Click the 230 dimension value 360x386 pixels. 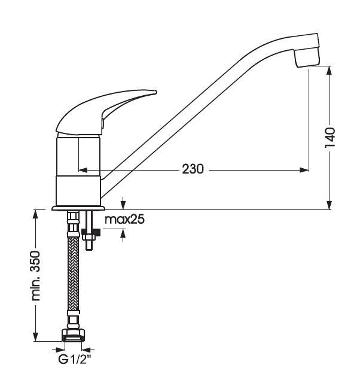193,169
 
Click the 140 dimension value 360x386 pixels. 330,138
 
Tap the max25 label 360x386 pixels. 124,219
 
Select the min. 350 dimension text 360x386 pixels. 36,275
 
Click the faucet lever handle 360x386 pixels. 106,113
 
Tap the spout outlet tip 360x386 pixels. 307,58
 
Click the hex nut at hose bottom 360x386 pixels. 73,335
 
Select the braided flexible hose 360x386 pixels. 73,273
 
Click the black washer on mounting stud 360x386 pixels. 90,232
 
